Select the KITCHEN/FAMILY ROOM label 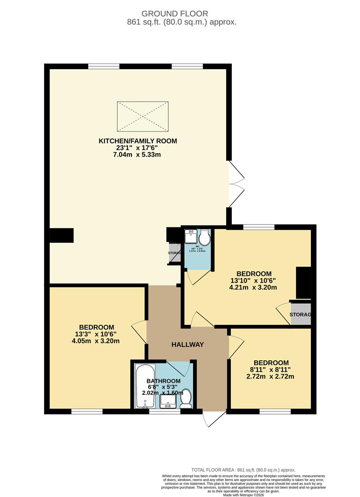[x=138, y=141]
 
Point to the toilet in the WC [x=204, y=237]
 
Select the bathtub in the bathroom [x=144, y=386]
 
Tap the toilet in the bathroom [x=186, y=399]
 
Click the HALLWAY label [x=188, y=345]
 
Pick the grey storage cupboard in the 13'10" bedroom [x=301, y=314]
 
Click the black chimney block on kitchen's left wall [x=62, y=235]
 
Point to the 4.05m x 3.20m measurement [x=97, y=341]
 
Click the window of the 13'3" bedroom [x=86, y=411]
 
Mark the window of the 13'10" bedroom [x=259, y=226]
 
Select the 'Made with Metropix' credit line [x=244, y=495]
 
